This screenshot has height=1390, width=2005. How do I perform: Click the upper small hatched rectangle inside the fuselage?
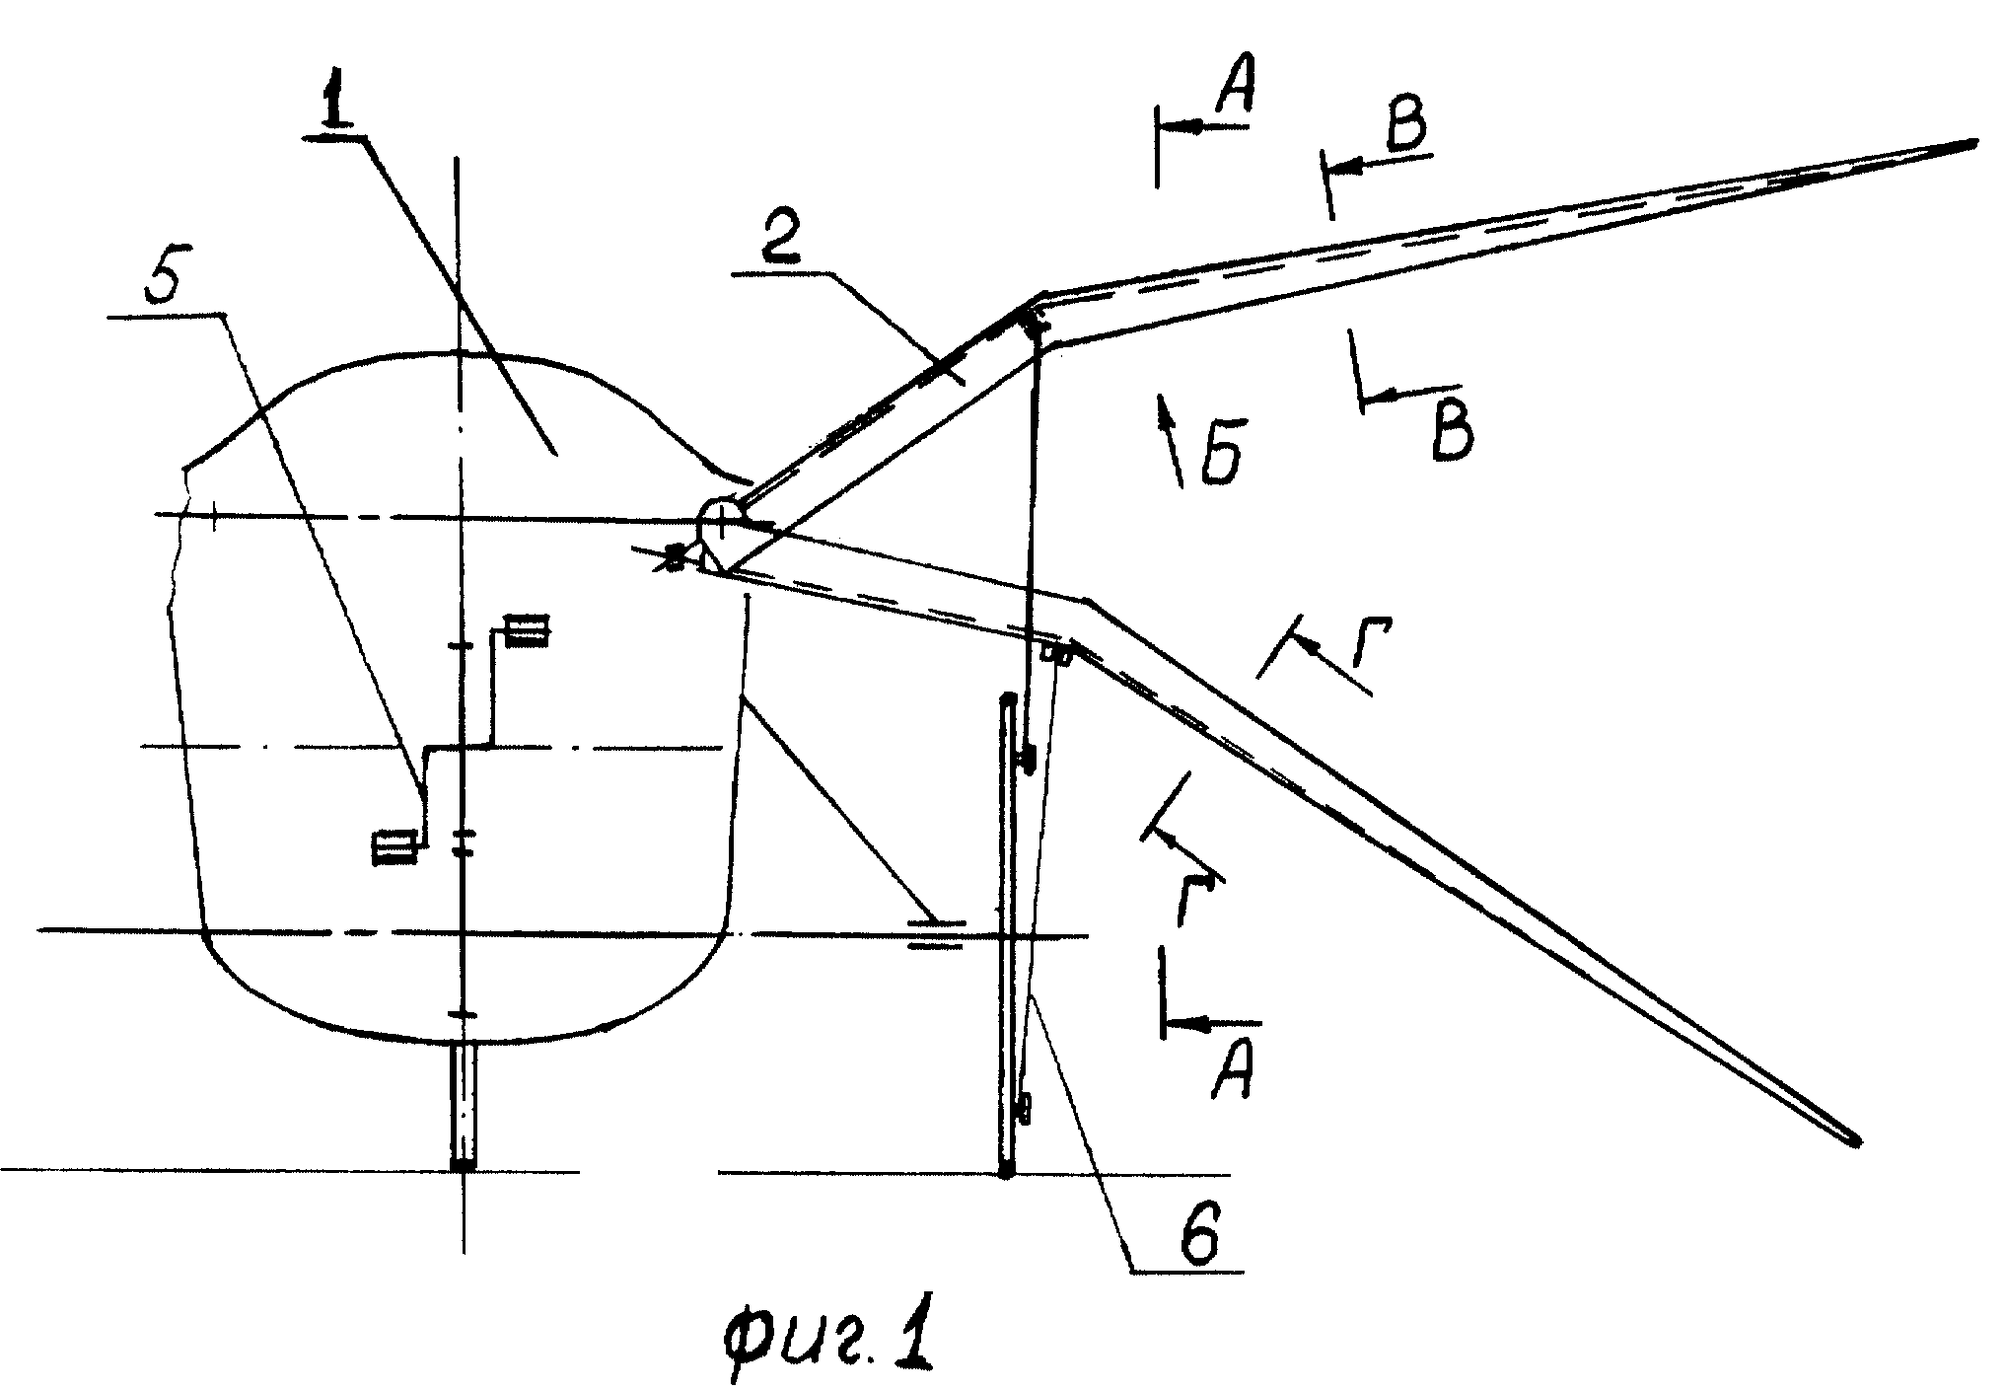pyautogui.click(x=527, y=630)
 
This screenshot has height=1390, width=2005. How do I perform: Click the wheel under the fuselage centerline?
pyautogui.click(x=462, y=1105)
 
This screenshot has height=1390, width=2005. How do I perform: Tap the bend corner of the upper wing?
pyautogui.click(x=1041, y=297)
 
